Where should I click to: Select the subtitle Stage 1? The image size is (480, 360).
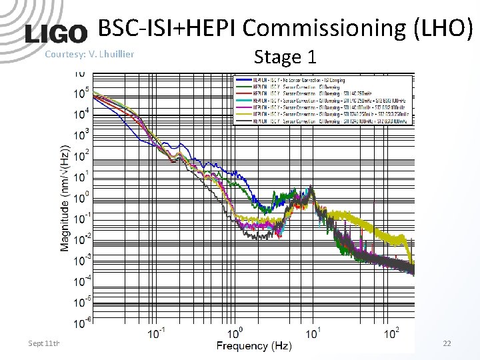click(x=285, y=57)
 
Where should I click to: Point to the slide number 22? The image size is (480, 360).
click(x=447, y=343)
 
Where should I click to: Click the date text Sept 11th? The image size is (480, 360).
click(x=44, y=343)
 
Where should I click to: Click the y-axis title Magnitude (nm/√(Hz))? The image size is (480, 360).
click(x=65, y=198)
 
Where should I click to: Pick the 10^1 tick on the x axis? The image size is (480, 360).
click(x=314, y=333)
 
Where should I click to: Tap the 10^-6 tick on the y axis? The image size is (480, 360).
click(x=80, y=323)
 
